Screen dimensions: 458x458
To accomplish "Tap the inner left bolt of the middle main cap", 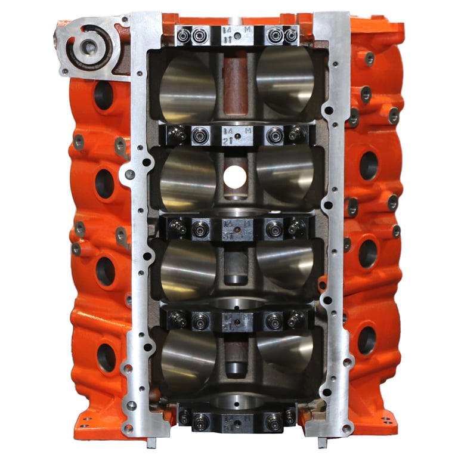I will [x=201, y=227].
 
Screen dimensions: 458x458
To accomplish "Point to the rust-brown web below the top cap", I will [x=236, y=83].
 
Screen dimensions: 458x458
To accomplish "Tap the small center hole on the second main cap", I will [x=238, y=137].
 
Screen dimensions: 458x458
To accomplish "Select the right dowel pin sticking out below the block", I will [x=322, y=442].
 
